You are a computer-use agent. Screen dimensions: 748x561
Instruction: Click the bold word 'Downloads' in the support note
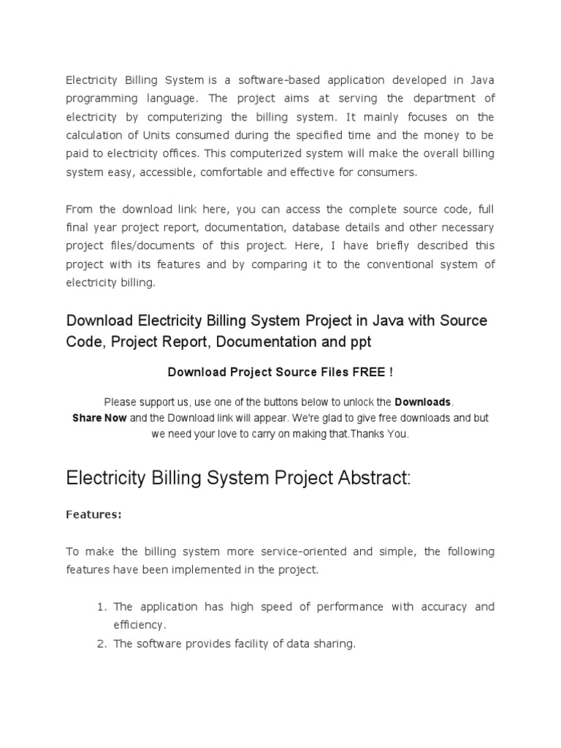pyautogui.click(x=423, y=402)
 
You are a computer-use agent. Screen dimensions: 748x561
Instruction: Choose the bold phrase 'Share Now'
pyautogui.click(x=99, y=418)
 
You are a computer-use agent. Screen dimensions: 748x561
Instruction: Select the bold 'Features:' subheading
pyautogui.click(x=93, y=515)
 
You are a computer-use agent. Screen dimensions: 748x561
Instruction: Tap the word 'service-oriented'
pyautogui.click(x=305, y=552)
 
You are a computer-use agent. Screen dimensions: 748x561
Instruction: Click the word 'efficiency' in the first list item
pyautogui.click(x=139, y=625)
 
